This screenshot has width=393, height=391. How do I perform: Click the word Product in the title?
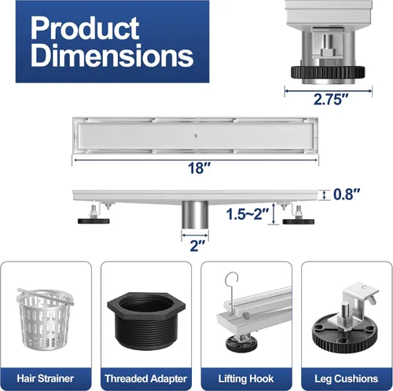pyautogui.click(x=85, y=28)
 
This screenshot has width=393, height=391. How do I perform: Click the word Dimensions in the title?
pyautogui.click(x=112, y=55)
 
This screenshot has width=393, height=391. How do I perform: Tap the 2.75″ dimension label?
pyautogui.click(x=331, y=99)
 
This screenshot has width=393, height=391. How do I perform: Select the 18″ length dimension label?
pyautogui.click(x=199, y=168)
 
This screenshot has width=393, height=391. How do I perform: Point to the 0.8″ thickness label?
pyautogui.click(x=347, y=194)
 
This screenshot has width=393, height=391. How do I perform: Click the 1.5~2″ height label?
pyautogui.click(x=248, y=214)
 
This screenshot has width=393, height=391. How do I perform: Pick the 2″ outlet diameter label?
pyautogui.click(x=197, y=246)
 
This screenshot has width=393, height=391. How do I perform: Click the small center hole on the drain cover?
pyautogui.click(x=196, y=136)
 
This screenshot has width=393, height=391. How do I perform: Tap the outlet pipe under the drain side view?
pyautogui.click(x=195, y=215)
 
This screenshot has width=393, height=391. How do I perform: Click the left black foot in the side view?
pyautogui.click(x=94, y=221)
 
